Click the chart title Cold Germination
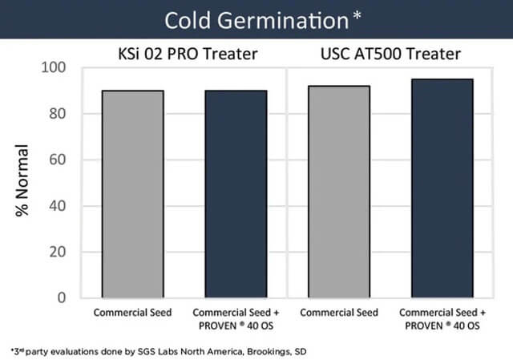tap(256, 22)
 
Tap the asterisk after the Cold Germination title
tap(357, 15)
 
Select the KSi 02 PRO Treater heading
tap(188, 54)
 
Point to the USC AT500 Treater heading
tap(390, 54)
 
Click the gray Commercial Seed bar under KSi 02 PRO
tap(133, 194)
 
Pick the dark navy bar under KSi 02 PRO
tap(236, 194)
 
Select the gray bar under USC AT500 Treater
tap(339, 192)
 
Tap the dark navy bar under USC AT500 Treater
tap(442, 188)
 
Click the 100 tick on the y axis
tap(54, 67)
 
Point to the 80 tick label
tap(58, 114)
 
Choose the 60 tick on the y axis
tap(58, 160)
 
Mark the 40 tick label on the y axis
tap(58, 206)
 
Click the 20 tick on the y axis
tap(58, 252)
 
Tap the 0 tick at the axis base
tap(62, 297)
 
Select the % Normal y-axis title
tap(22, 180)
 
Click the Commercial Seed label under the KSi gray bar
tap(132, 313)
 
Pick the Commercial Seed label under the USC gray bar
tap(339, 313)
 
